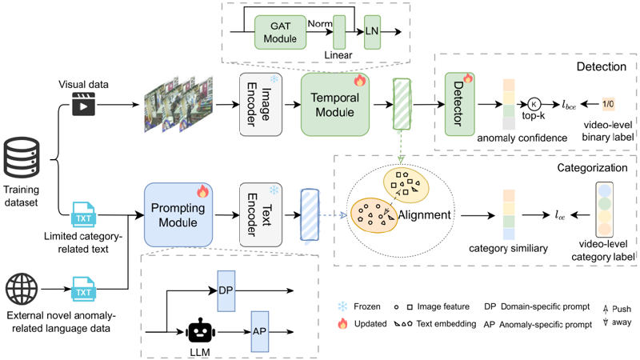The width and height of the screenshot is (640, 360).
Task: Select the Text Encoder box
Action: point(258,214)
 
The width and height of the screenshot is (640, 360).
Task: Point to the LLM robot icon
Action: point(198,330)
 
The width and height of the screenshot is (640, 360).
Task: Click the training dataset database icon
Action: point(20,159)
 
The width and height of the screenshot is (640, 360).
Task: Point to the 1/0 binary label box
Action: point(608,103)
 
